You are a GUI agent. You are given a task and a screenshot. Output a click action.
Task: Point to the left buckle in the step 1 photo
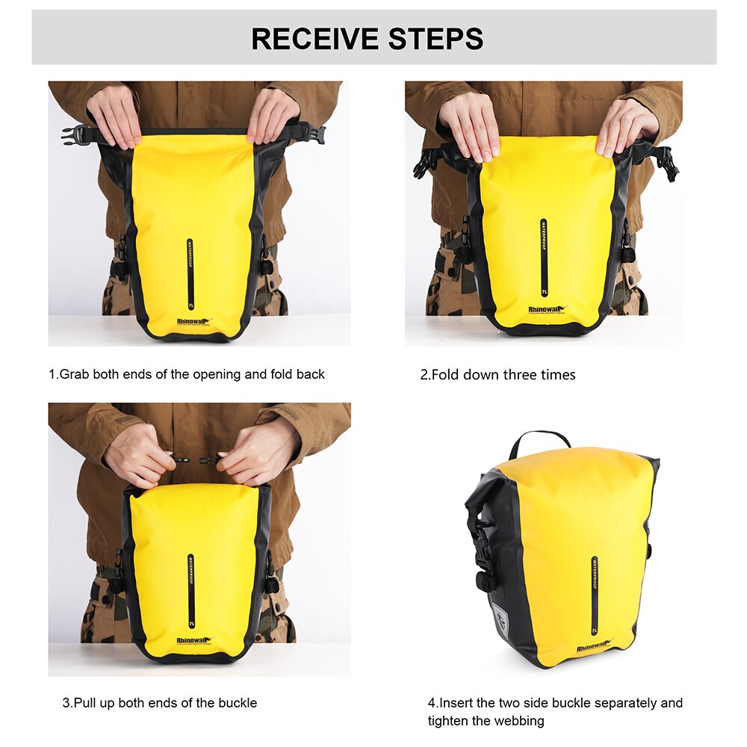[x=73, y=134]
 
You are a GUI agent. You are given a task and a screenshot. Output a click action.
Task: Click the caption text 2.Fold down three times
[x=498, y=375]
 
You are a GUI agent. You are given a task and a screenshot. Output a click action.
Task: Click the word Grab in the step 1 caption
[x=76, y=374]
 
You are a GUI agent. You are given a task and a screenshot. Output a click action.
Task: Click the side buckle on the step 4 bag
[x=486, y=557]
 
